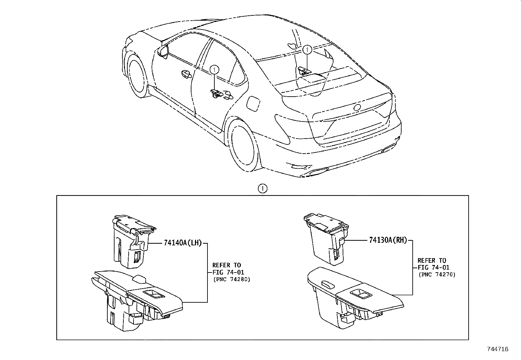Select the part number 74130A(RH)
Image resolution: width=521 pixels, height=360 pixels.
[388, 240]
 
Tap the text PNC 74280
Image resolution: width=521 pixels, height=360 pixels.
[231, 280]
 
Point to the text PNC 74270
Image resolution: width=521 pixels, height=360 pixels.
[437, 275]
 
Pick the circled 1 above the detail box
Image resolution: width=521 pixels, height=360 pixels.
[262, 188]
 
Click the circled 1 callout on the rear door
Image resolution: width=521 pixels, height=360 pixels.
[214, 69]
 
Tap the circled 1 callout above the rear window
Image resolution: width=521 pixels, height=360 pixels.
[307, 50]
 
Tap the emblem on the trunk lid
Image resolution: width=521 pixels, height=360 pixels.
[357, 107]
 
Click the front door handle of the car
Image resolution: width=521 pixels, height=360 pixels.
[185, 74]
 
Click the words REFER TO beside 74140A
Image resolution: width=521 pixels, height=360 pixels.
[226, 265]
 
